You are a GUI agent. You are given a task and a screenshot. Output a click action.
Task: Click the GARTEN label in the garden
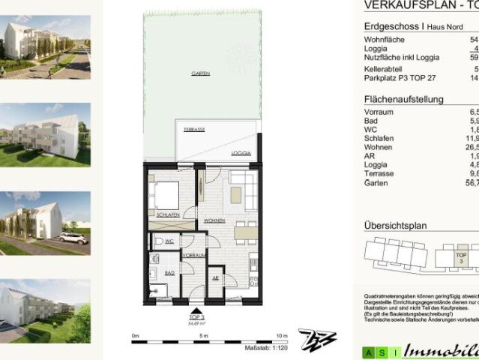(199, 73)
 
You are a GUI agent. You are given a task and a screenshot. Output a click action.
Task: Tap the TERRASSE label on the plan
(195, 130)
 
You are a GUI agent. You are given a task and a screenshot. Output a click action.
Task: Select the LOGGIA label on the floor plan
(240, 152)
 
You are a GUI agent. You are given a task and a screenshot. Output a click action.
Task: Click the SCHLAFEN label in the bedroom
(168, 215)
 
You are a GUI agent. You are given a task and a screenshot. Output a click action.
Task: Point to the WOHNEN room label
(215, 220)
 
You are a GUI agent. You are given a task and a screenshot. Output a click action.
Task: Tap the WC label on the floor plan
(170, 241)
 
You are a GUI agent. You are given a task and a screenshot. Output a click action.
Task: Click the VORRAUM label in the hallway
(194, 256)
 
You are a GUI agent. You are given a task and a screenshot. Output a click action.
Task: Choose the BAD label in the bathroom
(169, 274)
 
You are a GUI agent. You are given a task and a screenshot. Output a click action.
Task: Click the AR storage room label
(216, 277)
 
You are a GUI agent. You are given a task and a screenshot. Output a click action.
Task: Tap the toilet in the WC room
(156, 241)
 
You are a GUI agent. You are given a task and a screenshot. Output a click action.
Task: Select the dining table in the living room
(244, 232)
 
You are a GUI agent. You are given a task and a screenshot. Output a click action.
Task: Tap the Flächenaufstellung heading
(403, 99)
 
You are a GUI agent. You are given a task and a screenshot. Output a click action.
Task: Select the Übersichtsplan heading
(395, 225)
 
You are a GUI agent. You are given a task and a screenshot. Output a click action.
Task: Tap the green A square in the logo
(367, 352)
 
